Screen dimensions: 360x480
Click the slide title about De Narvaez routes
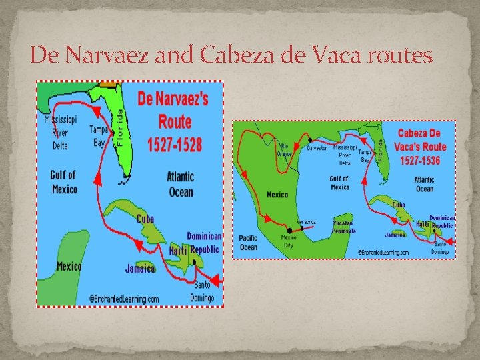(x=231, y=55)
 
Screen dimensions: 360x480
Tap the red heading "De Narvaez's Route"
(x=173, y=111)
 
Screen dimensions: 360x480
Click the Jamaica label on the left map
(x=140, y=269)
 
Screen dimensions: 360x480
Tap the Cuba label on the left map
(x=145, y=219)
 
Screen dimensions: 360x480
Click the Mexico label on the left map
(x=69, y=267)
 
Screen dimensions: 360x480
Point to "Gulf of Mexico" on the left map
(x=63, y=182)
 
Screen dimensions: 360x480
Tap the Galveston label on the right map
(x=317, y=149)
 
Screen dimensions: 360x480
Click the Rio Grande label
(x=285, y=150)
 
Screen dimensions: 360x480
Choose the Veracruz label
(x=306, y=221)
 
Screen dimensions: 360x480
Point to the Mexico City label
(x=288, y=241)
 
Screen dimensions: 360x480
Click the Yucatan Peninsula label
(x=344, y=227)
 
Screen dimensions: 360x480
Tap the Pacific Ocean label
(x=248, y=243)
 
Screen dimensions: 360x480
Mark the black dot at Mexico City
(x=289, y=230)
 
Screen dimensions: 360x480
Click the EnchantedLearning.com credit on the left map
(x=124, y=299)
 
